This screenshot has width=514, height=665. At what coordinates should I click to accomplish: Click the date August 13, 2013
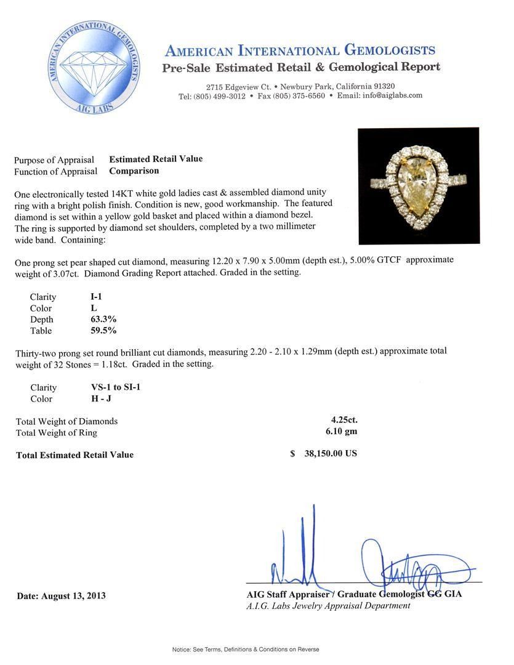pos(62,595)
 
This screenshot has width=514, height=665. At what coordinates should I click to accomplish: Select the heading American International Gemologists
pos(300,50)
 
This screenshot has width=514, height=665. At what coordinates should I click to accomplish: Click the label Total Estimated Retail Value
pos(75,455)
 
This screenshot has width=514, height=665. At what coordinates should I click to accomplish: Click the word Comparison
pos(134,171)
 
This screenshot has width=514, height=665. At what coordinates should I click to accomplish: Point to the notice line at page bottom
pos(246,649)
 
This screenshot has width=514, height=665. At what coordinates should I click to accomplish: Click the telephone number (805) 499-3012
pos(220,96)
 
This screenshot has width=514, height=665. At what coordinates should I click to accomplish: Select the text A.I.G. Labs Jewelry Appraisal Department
pos(328,605)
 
